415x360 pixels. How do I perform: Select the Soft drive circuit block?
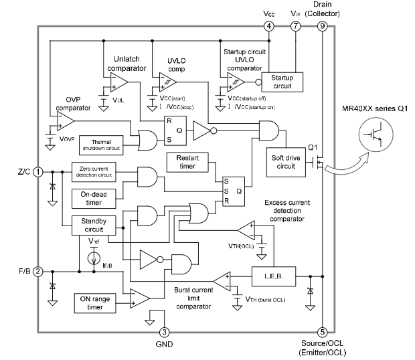285,161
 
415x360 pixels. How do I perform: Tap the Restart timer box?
187,161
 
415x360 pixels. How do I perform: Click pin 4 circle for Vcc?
269,27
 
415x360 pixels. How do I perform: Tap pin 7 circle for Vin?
296,27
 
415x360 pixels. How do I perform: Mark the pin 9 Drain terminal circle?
322,27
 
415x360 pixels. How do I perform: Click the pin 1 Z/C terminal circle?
38,171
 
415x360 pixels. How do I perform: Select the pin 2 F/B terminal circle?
38,272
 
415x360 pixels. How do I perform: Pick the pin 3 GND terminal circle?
165,331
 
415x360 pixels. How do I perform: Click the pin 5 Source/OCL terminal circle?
322,331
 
